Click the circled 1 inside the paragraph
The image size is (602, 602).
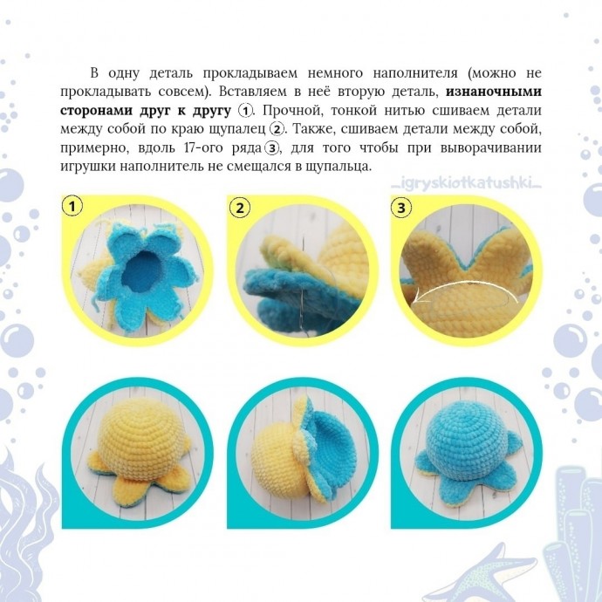(x=246, y=110)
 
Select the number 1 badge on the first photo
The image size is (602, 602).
(x=74, y=207)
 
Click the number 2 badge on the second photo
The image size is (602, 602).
(x=239, y=208)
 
